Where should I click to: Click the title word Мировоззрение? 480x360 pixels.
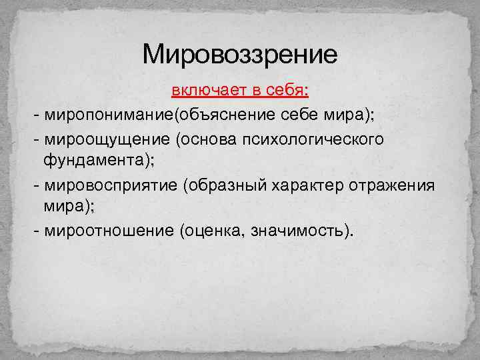point(240,54)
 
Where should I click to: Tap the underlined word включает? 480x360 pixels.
point(202,91)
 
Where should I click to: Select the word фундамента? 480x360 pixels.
point(93,161)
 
